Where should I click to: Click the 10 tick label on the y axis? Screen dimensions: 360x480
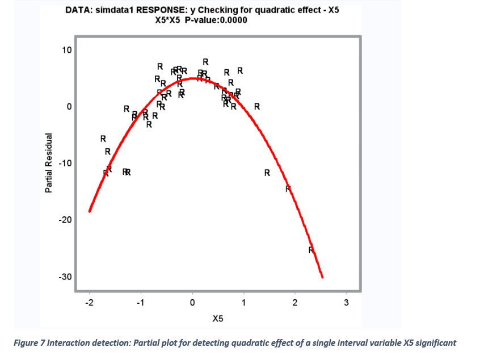coord(67,50)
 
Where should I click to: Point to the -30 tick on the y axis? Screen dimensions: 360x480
coord(66,277)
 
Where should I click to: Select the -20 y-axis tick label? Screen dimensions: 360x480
coord(66,220)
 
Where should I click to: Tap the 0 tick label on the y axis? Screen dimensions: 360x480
coord(69,107)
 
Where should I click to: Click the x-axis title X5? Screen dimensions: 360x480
coord(217,319)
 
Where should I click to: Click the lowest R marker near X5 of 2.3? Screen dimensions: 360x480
coord(311,250)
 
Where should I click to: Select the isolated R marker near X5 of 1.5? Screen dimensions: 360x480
coord(267,173)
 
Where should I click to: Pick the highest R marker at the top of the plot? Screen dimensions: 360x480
coord(205,61)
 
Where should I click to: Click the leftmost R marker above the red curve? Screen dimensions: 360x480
coord(103,139)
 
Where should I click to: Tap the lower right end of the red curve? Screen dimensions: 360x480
coord(322,277)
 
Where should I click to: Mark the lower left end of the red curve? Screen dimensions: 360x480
coord(90,211)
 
